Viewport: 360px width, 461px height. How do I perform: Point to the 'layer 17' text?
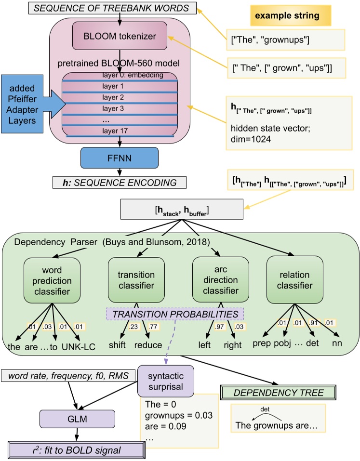click(114, 131)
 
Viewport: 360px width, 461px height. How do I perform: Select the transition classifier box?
click(136, 280)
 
